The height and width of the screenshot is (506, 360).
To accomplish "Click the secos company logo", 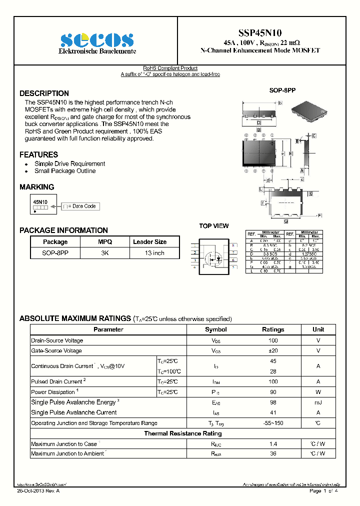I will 97,39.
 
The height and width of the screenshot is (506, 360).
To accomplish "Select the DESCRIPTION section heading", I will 44,93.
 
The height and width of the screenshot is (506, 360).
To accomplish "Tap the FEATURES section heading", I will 38,154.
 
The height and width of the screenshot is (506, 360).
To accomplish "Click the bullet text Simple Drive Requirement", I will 69,163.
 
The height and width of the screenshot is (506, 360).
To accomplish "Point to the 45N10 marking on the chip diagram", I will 40,202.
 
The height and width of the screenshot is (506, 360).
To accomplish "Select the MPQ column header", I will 104,241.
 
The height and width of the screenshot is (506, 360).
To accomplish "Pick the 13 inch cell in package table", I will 154,253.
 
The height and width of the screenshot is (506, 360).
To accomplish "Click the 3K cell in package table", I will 104,253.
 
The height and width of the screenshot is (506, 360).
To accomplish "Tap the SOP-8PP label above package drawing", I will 282,90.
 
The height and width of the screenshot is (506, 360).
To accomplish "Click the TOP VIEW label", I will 214,226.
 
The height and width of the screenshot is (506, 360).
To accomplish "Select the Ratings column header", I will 273,329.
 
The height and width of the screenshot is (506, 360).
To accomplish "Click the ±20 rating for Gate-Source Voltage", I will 273,350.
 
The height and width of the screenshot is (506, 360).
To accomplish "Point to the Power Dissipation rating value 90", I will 273,392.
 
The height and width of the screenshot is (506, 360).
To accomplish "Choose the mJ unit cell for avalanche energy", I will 318,402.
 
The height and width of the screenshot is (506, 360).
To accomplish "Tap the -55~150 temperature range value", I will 273,423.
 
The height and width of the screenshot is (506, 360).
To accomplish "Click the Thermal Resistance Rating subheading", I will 183,433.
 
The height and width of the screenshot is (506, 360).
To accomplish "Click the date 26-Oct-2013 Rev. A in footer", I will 38,491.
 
